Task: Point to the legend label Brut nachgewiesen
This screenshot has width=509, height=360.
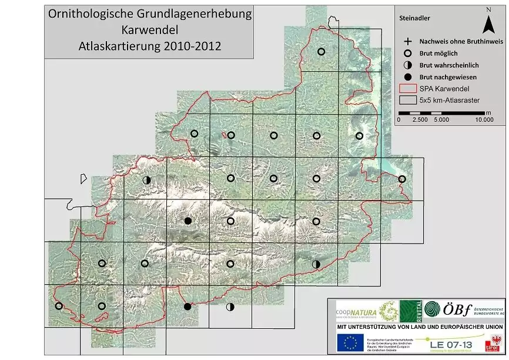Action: coord(447,77)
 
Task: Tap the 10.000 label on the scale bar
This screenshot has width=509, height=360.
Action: coord(485,119)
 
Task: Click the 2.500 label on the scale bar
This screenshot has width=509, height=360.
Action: coord(420,119)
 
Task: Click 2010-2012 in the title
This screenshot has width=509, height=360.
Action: coord(190,46)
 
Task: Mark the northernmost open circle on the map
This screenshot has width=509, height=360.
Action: coord(322,51)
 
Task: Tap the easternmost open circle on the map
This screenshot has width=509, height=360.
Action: coord(402,179)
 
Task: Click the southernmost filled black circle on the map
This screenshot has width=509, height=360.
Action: coord(187,306)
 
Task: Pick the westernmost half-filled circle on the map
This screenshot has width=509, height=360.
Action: coord(146,179)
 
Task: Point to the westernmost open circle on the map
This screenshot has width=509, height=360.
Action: coord(59,306)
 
